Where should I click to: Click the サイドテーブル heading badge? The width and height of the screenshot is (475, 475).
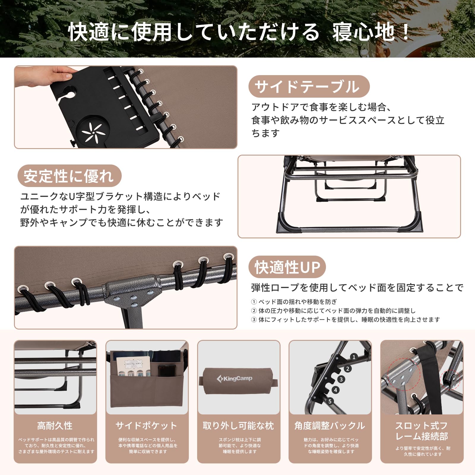[309, 86]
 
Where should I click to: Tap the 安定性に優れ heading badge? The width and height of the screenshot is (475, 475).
[69, 176]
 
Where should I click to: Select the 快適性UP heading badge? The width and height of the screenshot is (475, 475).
[287, 267]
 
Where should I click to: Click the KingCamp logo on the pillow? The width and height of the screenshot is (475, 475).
[235, 379]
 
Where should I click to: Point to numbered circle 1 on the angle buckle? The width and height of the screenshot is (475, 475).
[354, 357]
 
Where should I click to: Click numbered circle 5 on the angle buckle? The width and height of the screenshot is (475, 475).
[330, 401]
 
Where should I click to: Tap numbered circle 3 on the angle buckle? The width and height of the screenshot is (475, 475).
[341, 379]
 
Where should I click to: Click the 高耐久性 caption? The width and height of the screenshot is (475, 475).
[55, 426]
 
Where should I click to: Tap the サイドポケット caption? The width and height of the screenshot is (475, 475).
[147, 426]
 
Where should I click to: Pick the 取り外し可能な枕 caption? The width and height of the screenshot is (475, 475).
[238, 426]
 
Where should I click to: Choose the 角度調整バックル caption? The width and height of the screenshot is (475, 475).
[330, 426]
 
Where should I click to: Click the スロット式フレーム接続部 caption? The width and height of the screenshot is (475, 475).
[422, 431]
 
